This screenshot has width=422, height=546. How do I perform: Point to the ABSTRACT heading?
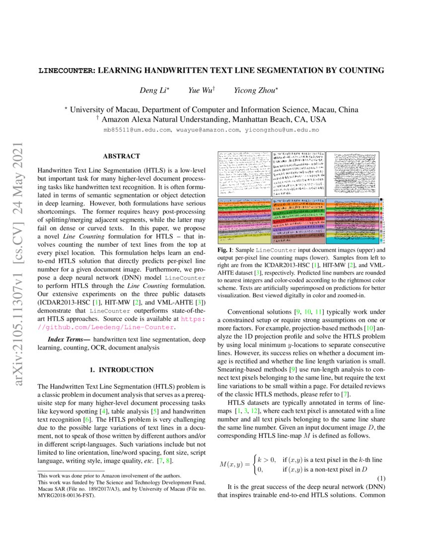(x=121, y=156)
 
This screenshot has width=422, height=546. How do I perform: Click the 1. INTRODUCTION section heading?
(x=121, y=370)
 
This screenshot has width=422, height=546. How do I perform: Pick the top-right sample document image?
(x=352, y=173)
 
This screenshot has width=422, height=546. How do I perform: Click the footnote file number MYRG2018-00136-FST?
(x=66, y=495)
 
